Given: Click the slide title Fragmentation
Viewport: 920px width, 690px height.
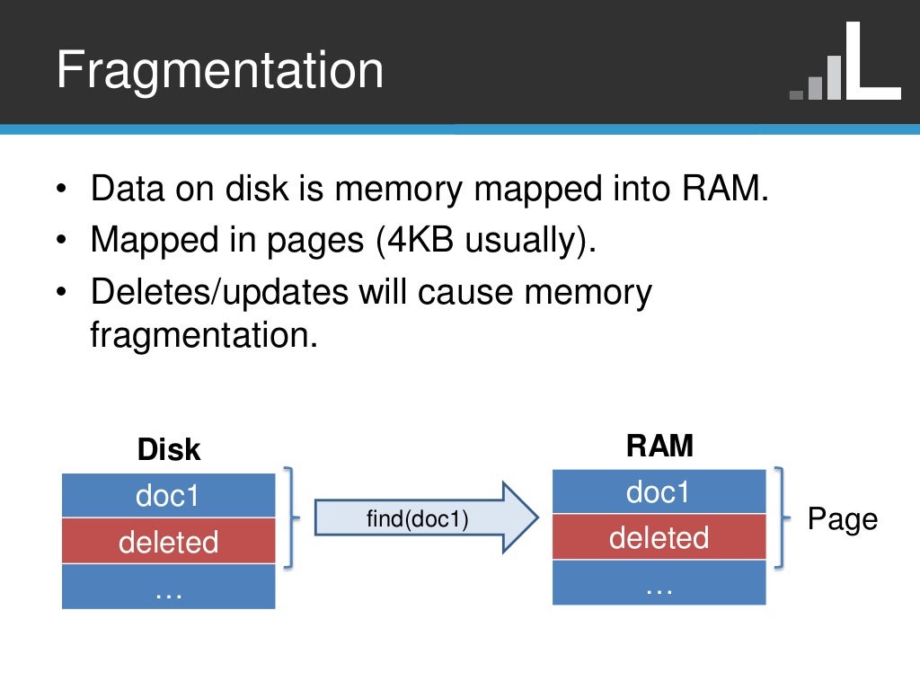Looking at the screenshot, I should [219, 70].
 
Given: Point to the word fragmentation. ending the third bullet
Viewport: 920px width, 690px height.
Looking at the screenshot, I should [205, 335].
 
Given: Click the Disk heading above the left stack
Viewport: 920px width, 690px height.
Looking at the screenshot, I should [169, 450].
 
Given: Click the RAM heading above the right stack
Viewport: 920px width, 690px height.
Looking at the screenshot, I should [659, 447].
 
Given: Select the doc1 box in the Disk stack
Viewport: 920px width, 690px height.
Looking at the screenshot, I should [168, 496].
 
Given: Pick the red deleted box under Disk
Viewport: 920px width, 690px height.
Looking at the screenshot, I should [168, 542].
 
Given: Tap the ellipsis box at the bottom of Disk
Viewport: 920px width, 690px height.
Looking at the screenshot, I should [168, 588].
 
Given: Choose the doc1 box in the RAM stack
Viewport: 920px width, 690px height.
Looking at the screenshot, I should [659, 491].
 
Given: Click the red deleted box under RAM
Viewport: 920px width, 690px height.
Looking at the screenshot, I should [659, 537].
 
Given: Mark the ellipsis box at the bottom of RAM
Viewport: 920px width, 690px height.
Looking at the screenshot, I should [659, 583].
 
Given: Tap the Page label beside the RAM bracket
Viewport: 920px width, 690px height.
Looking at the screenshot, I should [842, 518].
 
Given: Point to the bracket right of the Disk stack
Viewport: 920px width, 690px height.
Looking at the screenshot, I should [289, 517].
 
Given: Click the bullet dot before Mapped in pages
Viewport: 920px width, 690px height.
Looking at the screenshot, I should [60, 242].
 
